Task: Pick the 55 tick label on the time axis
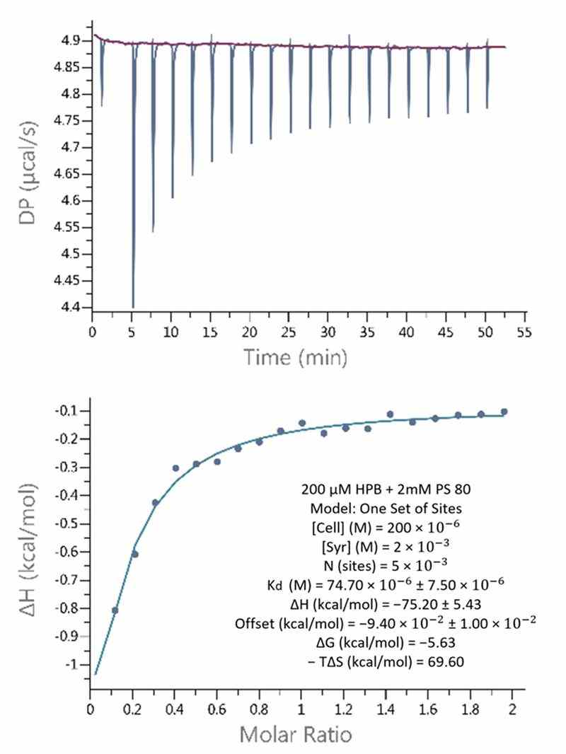click(x=524, y=332)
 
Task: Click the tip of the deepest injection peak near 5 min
click(x=133, y=306)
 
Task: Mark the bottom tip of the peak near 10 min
click(x=172, y=197)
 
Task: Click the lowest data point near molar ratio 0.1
click(x=115, y=610)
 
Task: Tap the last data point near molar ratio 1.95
click(x=504, y=412)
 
